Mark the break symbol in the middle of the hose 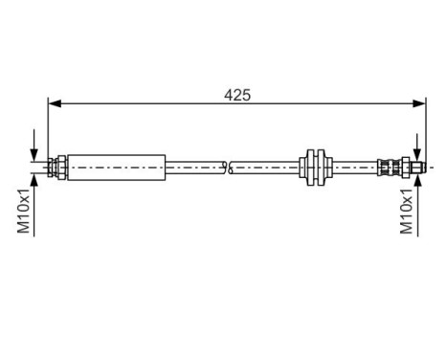(228, 167)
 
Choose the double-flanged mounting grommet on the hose (314, 167)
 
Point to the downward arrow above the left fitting (34, 152)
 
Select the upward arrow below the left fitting (34, 184)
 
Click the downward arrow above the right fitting (416, 152)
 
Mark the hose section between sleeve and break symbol (195, 167)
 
